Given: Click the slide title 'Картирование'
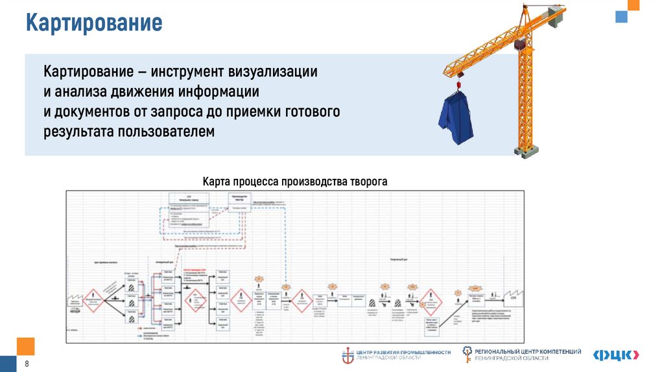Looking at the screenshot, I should point(93,23).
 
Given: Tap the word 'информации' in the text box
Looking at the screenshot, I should point(222,91).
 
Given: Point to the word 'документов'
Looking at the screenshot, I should point(95,111).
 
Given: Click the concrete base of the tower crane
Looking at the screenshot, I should point(527,150).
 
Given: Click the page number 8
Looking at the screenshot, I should point(27,364).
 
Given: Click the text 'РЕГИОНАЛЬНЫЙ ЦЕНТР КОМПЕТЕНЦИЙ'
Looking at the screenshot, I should point(528,351).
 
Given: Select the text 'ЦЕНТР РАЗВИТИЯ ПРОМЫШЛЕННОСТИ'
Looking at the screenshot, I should point(405,352).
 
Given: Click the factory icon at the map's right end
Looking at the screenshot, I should point(517,294).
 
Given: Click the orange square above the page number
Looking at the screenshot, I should point(25,345).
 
